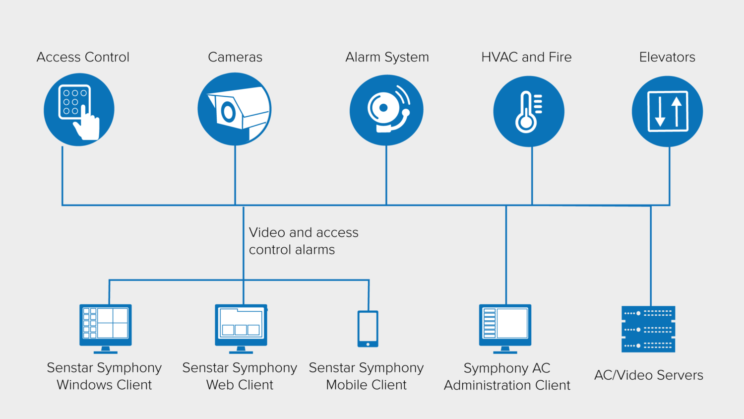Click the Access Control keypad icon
coord(79,110)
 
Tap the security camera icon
coord(235,109)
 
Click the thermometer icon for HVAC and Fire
coord(529,111)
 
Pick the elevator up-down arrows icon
coord(667,111)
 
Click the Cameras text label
coord(235,57)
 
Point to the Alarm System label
coord(387,57)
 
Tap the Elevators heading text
coord(667,57)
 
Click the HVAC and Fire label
coord(526,57)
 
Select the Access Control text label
coord(83,57)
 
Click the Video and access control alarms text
coord(303,241)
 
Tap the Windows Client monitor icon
coord(106,328)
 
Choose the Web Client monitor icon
coord(241,328)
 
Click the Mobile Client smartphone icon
coord(368,329)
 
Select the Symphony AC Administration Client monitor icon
coord(505,328)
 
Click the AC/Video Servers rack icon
coord(648,329)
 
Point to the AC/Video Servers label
coord(649,375)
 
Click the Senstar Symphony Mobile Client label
coord(366,376)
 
